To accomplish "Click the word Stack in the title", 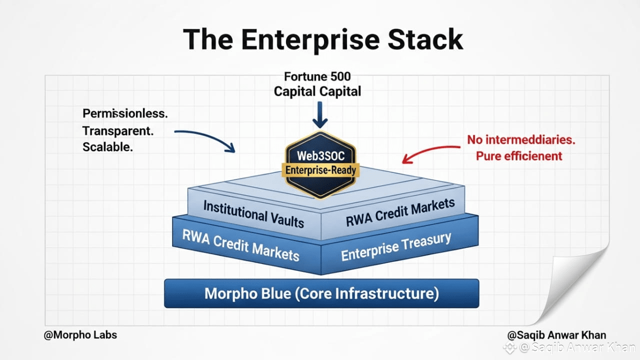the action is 425,39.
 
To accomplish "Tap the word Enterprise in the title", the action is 310,40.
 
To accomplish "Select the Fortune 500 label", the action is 317,76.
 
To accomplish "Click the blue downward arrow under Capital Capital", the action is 320,115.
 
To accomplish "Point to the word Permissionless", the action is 125,113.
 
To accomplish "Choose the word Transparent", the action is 118,131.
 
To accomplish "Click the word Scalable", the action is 107,147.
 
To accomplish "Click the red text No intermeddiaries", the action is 521,139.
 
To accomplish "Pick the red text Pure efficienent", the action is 519,156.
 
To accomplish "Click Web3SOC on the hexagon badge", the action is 320,156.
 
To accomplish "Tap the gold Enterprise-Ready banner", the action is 320,170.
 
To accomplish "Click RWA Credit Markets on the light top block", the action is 400,212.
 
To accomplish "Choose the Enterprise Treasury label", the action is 396,246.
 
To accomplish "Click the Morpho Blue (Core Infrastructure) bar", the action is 321,293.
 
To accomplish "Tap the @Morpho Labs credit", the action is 80,335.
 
